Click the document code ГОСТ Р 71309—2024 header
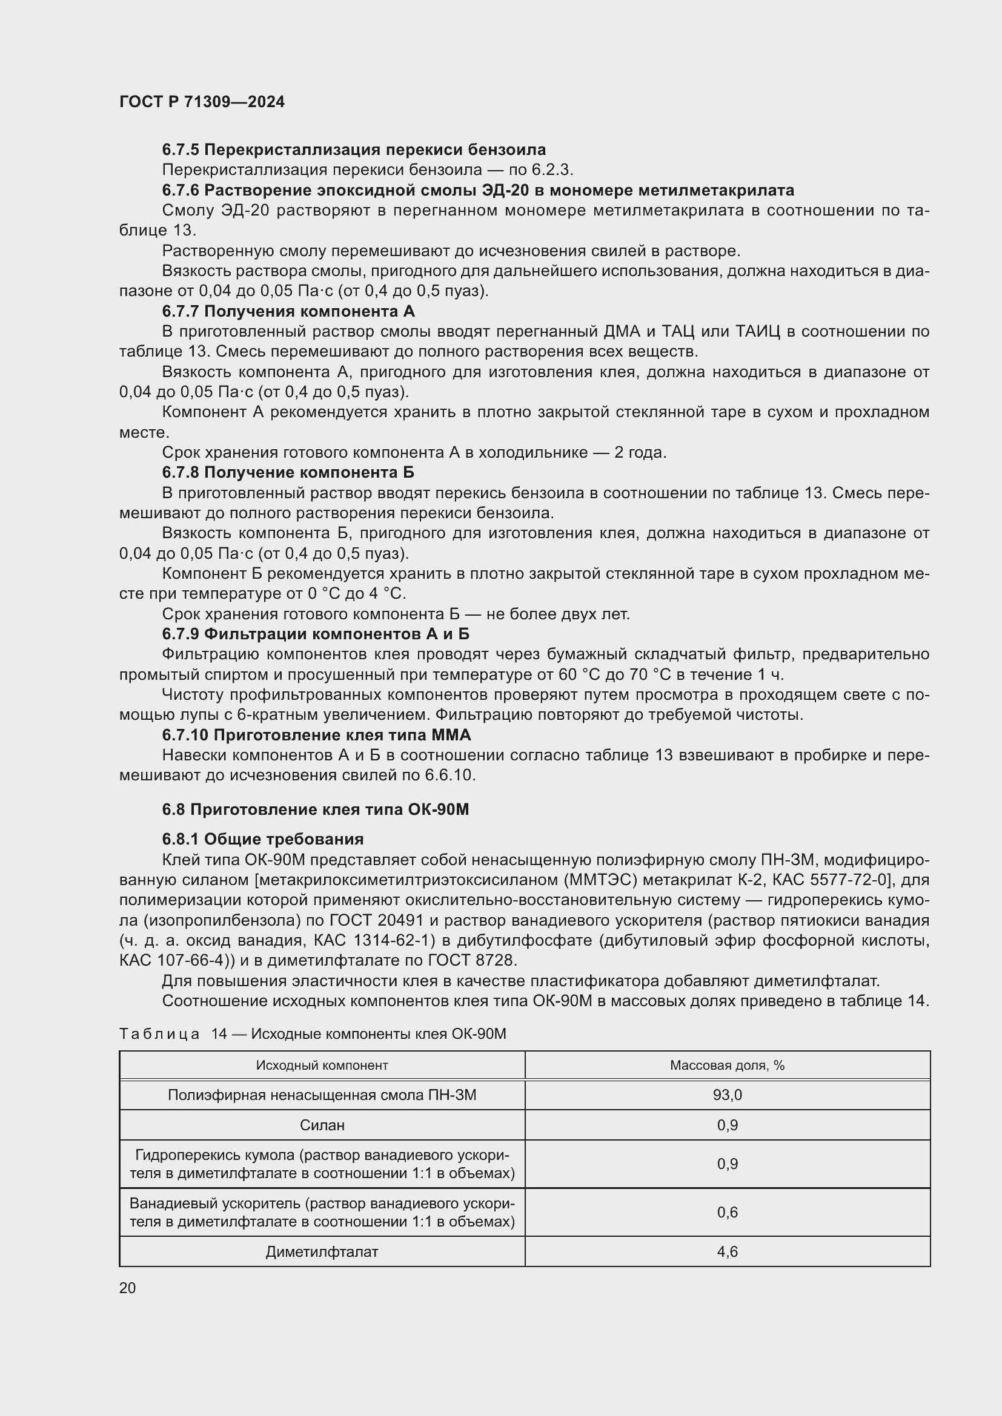(x=202, y=102)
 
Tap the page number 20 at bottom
(x=127, y=1288)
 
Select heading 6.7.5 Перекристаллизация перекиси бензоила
(x=354, y=150)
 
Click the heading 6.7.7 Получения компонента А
(x=288, y=311)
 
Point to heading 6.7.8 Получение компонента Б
(x=288, y=472)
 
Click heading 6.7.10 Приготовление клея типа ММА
(x=316, y=735)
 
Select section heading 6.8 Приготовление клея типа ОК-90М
(x=315, y=809)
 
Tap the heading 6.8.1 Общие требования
(x=263, y=839)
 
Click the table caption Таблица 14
(x=312, y=1033)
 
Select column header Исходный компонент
(x=322, y=1065)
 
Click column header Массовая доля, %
(x=727, y=1065)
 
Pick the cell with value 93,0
(x=727, y=1095)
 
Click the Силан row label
(x=322, y=1125)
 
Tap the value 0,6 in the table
(x=727, y=1213)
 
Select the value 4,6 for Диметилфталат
(x=727, y=1251)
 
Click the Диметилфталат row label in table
(x=322, y=1251)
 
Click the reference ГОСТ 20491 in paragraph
(x=376, y=920)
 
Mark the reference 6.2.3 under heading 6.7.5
(x=552, y=170)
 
